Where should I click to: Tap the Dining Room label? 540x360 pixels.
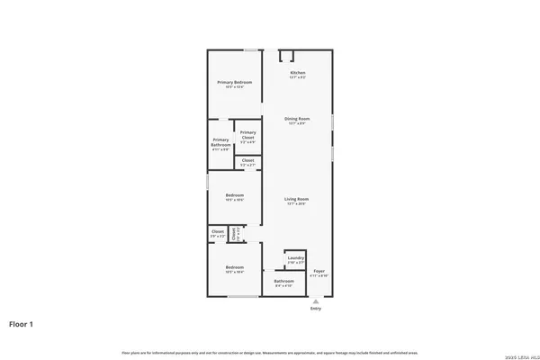[x=297, y=120]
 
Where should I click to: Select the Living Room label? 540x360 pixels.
[x=297, y=200]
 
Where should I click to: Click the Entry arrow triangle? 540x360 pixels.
[x=315, y=301]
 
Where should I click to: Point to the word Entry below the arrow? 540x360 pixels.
[x=315, y=309]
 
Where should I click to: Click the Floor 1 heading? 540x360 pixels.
[x=22, y=323]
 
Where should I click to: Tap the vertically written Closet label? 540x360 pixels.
[x=234, y=234]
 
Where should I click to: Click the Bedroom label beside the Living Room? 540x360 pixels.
[x=234, y=197]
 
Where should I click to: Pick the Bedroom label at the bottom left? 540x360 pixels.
[x=234, y=268]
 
